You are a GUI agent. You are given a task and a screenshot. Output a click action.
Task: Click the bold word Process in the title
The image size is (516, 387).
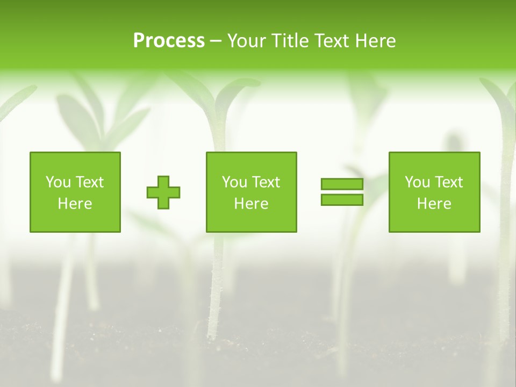pyautogui.click(x=169, y=41)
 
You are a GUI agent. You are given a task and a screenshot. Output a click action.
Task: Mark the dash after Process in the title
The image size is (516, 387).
pyautogui.click(x=216, y=41)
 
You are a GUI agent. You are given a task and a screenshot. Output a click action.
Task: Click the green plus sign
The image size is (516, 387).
pyautogui.click(x=163, y=192)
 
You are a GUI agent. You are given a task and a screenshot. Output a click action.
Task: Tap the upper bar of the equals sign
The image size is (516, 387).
pyautogui.click(x=342, y=184)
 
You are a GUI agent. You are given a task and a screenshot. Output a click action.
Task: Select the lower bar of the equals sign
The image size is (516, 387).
pyautogui.click(x=342, y=199)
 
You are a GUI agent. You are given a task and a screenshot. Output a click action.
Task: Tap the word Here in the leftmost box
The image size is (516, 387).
pyautogui.click(x=75, y=204)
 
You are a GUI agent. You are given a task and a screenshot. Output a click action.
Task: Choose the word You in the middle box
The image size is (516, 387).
pyautogui.click(x=234, y=182)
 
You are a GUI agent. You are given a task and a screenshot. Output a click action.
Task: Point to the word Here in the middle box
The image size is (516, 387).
pyautogui.click(x=251, y=204)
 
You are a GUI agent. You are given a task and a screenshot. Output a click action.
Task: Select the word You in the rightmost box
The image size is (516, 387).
pyautogui.click(x=417, y=182)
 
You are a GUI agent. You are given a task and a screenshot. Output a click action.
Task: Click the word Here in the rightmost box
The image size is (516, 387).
pyautogui.click(x=434, y=204)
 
